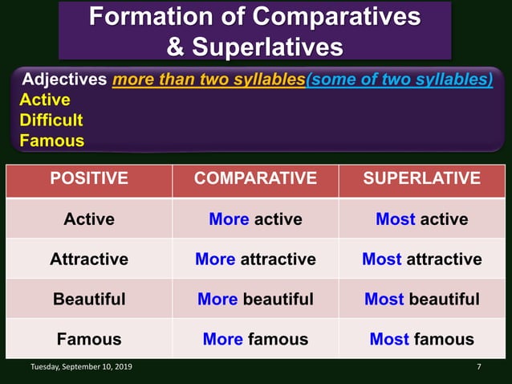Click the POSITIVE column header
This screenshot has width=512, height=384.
89,178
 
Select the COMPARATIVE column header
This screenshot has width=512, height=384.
255,178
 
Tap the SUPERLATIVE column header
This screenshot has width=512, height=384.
422,178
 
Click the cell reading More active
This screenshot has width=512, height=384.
255,219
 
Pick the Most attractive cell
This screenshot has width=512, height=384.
422,259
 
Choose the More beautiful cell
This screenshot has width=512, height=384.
255,299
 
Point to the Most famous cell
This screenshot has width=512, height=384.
422,339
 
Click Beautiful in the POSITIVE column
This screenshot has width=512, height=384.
89,299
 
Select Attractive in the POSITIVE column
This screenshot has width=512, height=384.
89,259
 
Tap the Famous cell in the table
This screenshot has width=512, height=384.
89,339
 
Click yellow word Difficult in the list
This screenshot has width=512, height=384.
51,121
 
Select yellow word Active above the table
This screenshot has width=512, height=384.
45,100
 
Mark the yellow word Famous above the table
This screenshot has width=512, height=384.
51,141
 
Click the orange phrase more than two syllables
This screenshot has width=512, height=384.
209,80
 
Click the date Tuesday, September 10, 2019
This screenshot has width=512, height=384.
82,367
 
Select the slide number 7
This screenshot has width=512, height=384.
478,367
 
